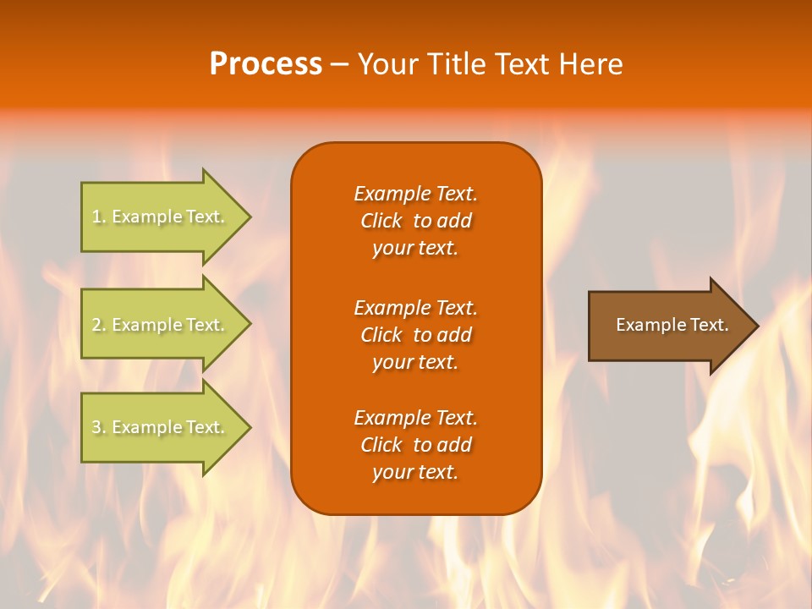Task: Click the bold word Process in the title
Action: (266, 64)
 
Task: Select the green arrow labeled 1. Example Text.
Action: (161, 217)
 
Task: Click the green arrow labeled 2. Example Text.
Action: (161, 325)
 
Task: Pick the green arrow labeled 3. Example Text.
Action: (161, 427)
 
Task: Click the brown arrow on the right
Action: (668, 326)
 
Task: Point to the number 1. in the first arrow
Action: (99, 217)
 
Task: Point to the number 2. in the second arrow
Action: (99, 325)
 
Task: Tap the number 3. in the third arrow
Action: (99, 427)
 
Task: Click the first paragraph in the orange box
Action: (415, 221)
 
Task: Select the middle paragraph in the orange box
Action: (415, 335)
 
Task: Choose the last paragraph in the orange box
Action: (415, 445)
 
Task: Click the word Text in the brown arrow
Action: (710, 325)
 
